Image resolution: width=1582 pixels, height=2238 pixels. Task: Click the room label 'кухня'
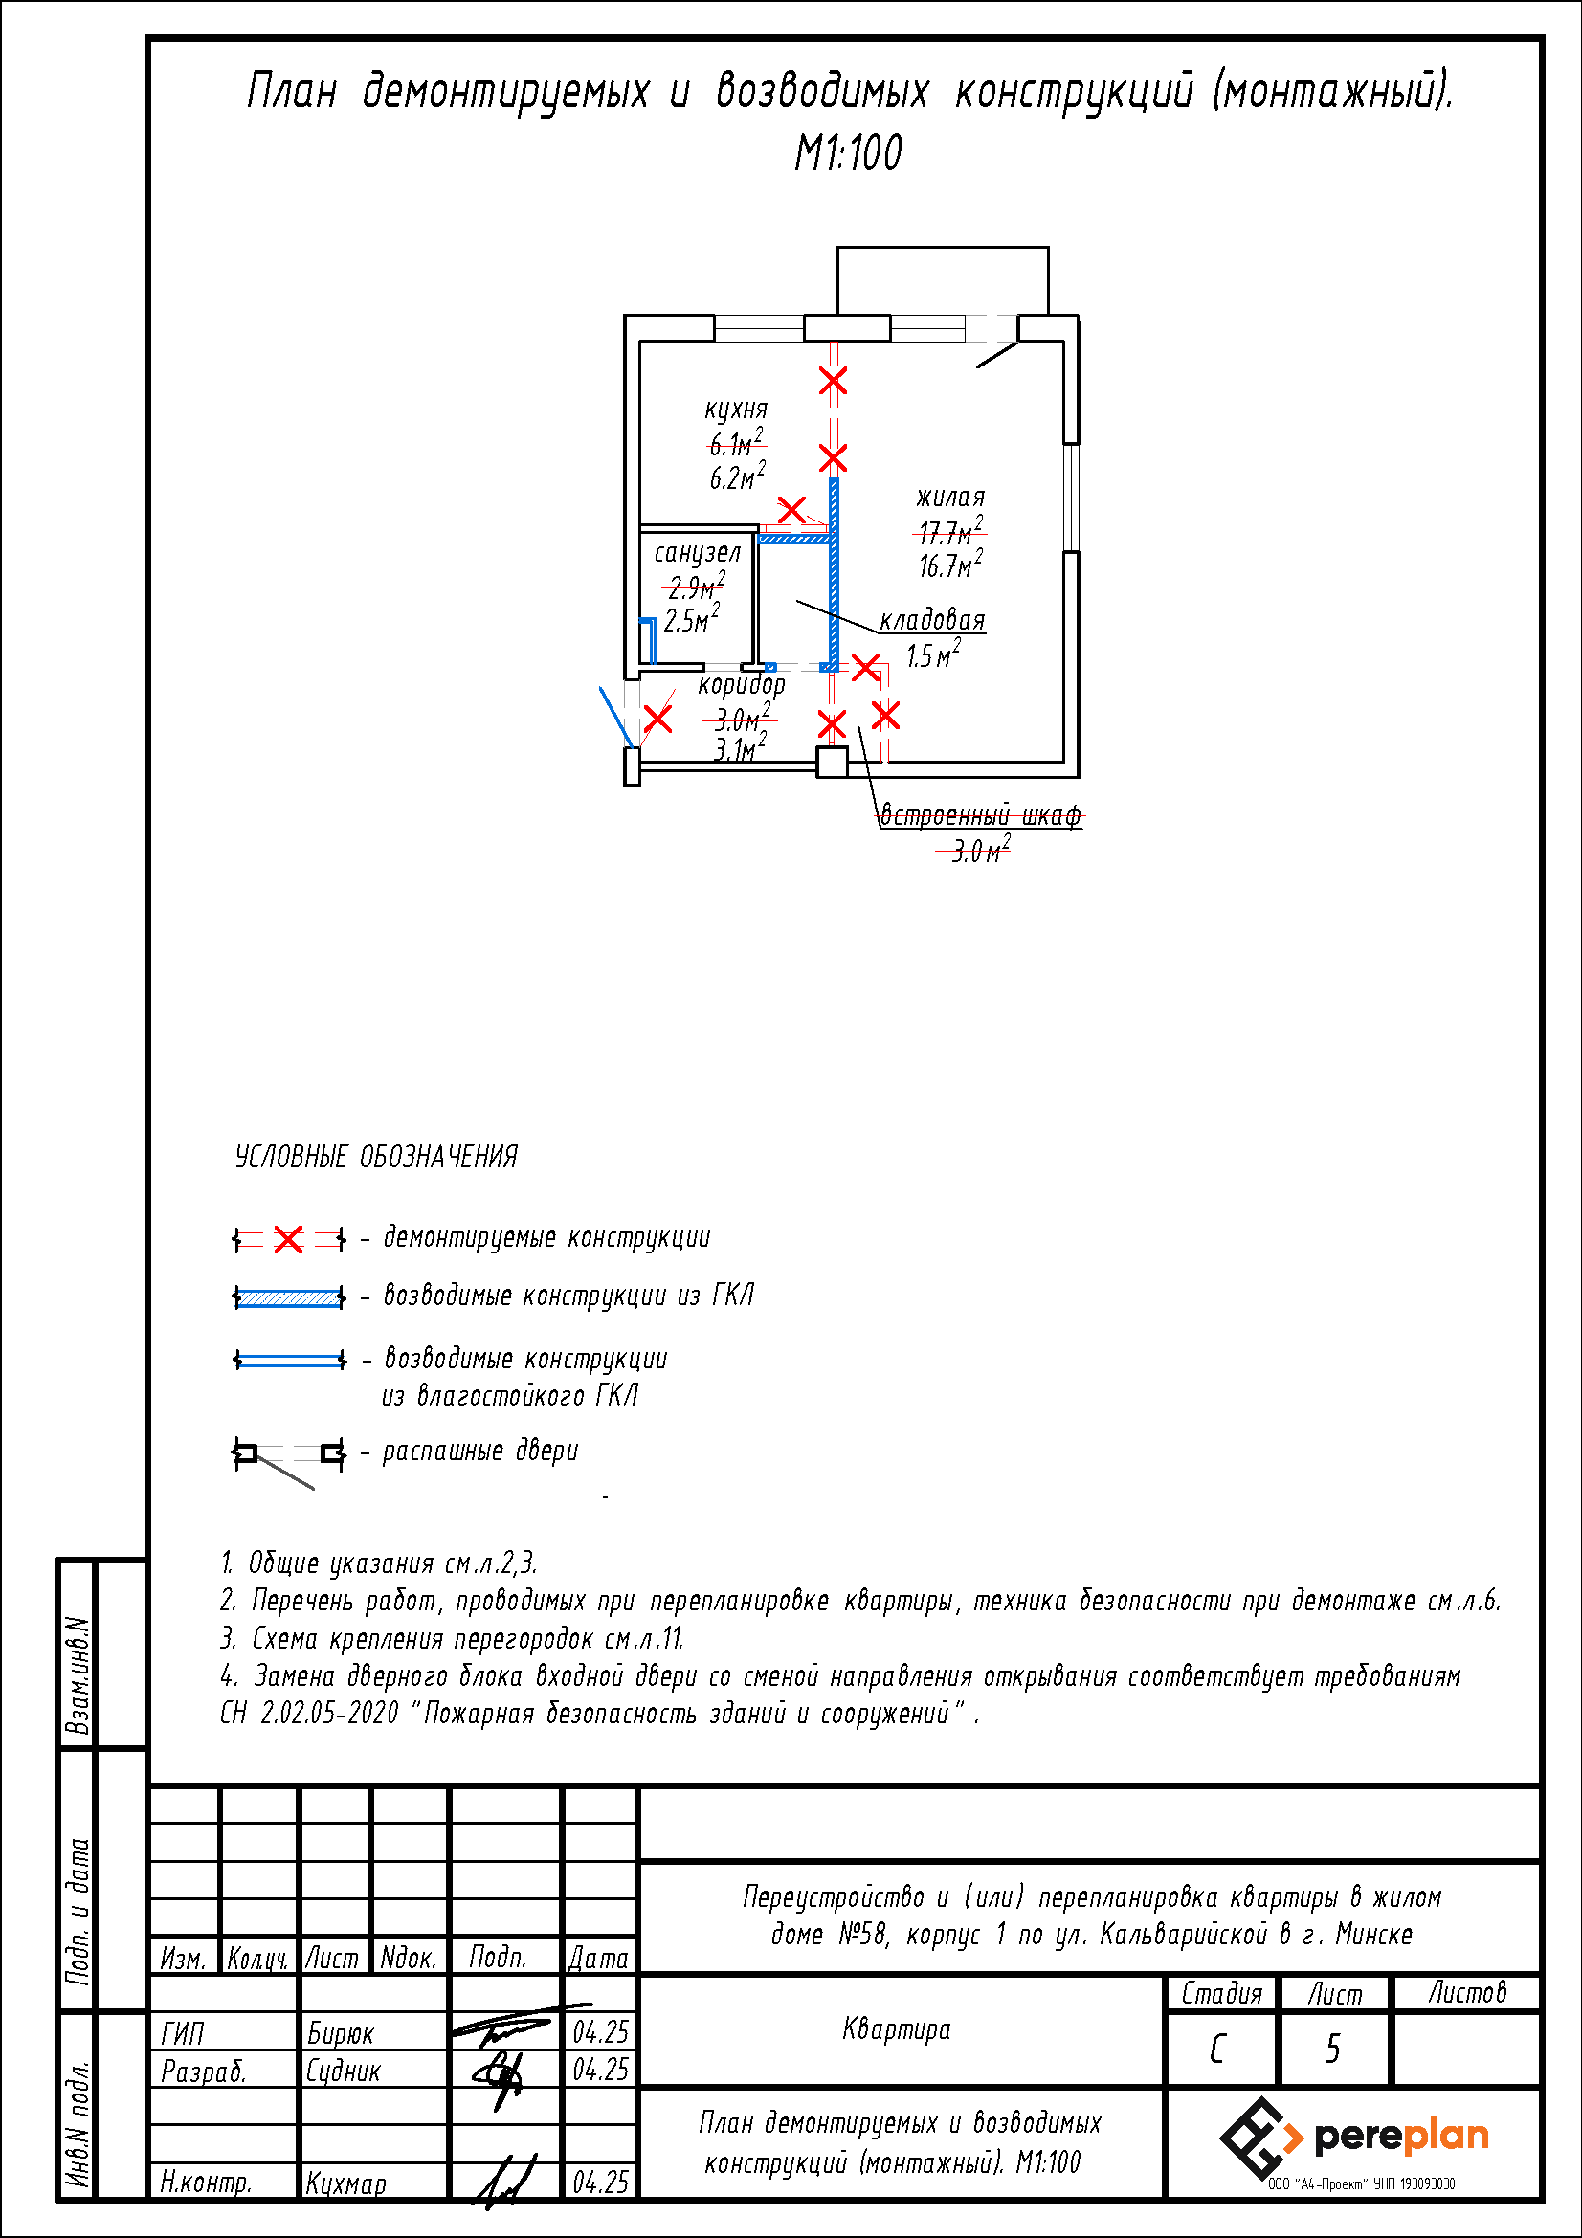(736, 410)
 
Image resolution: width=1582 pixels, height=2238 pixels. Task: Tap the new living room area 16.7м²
(950, 565)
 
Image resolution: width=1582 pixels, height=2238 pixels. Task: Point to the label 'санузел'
(697, 553)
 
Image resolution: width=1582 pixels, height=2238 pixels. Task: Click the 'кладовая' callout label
(932, 620)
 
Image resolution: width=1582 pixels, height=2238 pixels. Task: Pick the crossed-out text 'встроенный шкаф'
(981, 815)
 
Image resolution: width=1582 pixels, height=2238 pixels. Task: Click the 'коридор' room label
(741, 684)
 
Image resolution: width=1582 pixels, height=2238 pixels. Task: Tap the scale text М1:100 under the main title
(848, 153)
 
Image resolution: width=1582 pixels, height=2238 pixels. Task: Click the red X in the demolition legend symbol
(288, 1240)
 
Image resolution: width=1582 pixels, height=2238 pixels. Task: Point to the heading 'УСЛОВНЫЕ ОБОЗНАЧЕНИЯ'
(376, 1157)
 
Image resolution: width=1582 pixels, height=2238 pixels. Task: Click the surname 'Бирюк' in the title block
(340, 2033)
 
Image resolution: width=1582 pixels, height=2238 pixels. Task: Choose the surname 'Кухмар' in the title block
(346, 2183)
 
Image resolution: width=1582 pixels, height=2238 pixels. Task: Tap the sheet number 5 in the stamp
(1332, 2049)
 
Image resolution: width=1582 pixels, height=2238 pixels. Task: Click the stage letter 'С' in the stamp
(1217, 2049)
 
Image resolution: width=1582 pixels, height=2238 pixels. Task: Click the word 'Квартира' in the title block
(896, 2029)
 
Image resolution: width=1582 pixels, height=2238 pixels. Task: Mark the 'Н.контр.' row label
(206, 2183)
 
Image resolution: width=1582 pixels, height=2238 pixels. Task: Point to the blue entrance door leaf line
(615, 717)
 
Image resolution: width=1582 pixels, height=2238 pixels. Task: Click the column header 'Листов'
(1467, 1992)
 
